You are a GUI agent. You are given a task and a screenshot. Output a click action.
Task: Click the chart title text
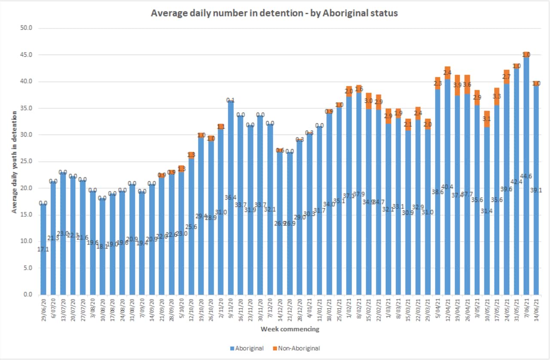point(274,13)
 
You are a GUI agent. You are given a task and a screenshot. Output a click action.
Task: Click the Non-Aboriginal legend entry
point(298,348)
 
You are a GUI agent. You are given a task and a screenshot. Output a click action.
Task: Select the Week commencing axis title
point(290,329)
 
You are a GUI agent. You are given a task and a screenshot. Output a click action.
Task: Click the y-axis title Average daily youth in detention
point(14,162)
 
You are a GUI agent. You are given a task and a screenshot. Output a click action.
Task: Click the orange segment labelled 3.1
point(487,119)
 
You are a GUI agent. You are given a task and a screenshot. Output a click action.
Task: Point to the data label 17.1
point(43,249)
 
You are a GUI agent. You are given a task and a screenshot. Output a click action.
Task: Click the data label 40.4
point(448,187)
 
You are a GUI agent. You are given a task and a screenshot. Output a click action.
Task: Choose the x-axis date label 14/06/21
point(536,311)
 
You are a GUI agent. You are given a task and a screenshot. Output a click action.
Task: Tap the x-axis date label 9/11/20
point(230,310)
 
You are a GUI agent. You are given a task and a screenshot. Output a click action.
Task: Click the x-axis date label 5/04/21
point(438,310)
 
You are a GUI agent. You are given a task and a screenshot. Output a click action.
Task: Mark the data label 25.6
point(191,226)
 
